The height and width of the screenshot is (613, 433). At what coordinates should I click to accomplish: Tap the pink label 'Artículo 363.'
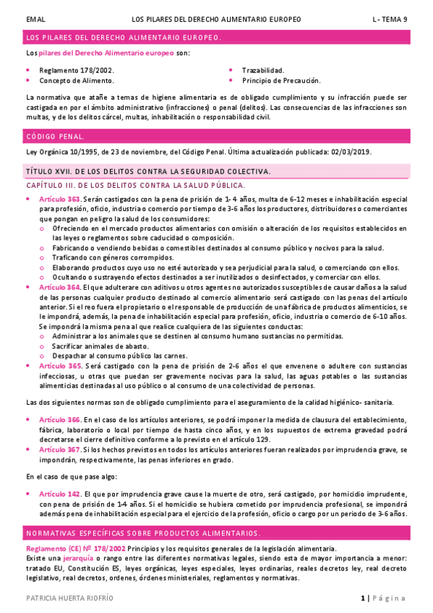pyautogui.click(x=61, y=199)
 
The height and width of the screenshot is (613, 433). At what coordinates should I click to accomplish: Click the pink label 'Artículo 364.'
pyautogui.click(x=61, y=287)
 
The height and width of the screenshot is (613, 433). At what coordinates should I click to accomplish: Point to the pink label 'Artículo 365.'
pyautogui.click(x=61, y=366)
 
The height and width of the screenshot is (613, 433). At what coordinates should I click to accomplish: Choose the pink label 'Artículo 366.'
pyautogui.click(x=61, y=419)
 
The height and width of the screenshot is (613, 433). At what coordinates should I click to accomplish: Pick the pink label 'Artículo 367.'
pyautogui.click(x=61, y=449)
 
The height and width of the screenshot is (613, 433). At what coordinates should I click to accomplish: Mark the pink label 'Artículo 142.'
pyautogui.click(x=61, y=494)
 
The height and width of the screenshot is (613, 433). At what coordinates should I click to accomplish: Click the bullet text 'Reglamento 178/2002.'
pyautogui.click(x=77, y=70)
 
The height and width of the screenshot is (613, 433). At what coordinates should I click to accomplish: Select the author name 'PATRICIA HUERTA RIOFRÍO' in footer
pyautogui.click(x=69, y=599)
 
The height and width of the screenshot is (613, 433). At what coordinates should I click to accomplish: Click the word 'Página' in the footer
pyautogui.click(x=390, y=599)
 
